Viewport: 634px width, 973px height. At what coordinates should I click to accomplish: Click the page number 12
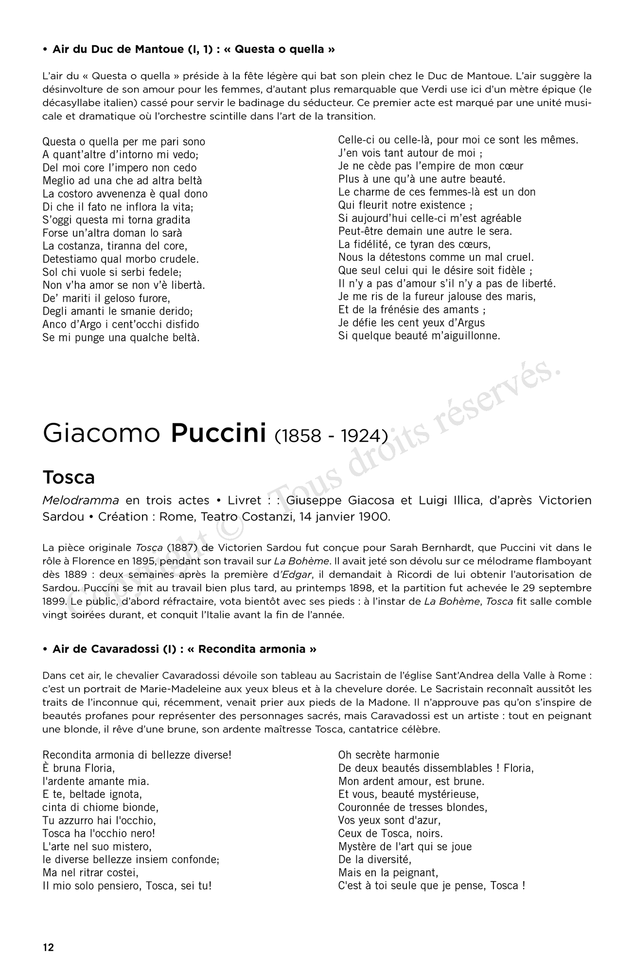tap(48, 947)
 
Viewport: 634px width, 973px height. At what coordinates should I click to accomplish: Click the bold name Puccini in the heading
tap(218, 433)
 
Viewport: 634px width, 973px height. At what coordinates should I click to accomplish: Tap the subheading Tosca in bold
tap(69, 477)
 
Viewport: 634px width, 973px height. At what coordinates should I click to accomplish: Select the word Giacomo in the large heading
tap(101, 433)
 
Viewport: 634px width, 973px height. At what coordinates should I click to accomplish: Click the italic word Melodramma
tap(81, 500)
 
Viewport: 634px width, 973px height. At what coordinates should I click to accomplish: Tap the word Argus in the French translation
tap(470, 323)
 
